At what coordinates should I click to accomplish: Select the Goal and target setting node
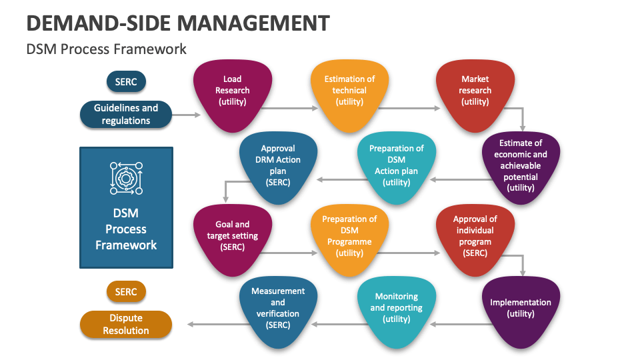233,237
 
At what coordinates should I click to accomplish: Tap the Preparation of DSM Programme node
349,237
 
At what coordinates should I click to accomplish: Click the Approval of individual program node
475,237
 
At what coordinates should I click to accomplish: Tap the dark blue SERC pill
126,82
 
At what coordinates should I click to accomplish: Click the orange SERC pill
126,291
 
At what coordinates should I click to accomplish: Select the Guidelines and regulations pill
126,115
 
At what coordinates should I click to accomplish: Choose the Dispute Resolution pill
126,325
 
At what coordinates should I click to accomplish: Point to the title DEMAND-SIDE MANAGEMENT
178,23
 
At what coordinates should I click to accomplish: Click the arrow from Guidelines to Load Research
186,115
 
